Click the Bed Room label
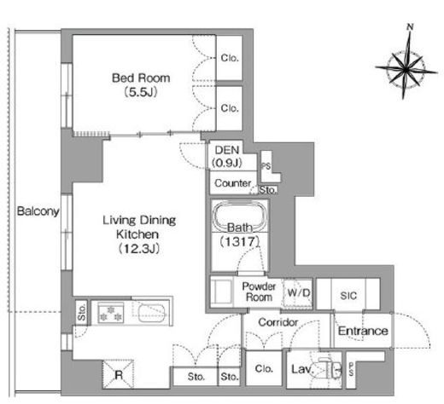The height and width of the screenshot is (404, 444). point(141,78)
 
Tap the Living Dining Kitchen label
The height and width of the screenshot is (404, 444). point(139,228)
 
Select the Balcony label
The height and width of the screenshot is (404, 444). point(38,211)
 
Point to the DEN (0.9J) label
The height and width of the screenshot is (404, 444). point(227,156)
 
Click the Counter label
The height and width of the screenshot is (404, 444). point(233,183)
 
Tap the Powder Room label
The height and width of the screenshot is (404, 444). point(259,291)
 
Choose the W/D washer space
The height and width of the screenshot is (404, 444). point(298,293)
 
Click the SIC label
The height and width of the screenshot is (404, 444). point(348,296)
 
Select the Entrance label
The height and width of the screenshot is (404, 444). point(363,331)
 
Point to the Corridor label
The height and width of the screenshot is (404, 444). point(278,322)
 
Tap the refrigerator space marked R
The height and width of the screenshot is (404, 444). point(118,374)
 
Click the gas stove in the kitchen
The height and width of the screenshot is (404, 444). point(111,313)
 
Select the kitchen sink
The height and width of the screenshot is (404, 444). point(152,313)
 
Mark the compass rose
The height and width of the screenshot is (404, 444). point(406,68)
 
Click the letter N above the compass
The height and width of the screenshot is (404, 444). point(410,27)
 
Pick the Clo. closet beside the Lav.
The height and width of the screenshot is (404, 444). point(264,369)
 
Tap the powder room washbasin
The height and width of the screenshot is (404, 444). point(221,291)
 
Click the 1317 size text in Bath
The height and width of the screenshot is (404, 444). point(240,242)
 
